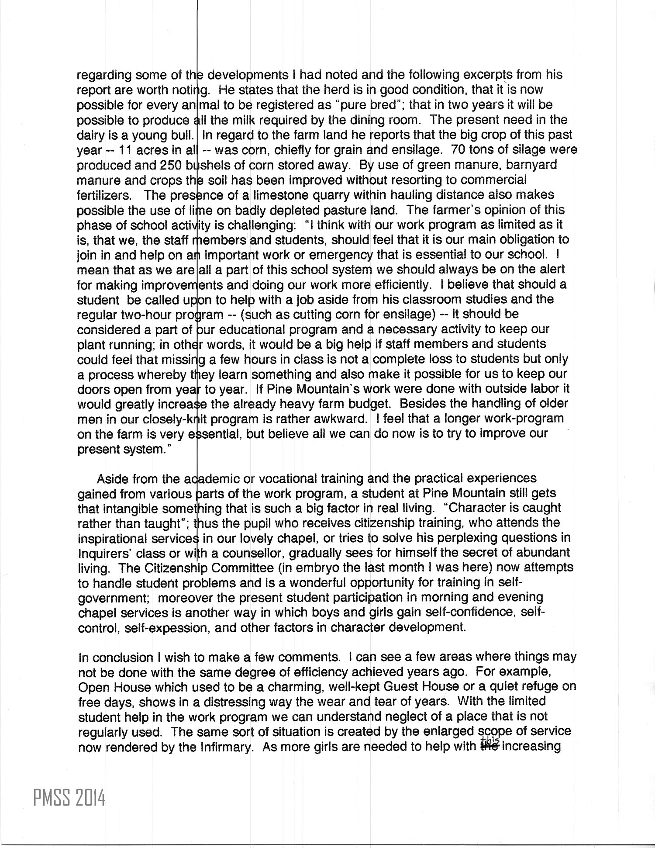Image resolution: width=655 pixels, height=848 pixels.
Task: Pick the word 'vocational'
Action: pyautogui.click(x=288, y=479)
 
